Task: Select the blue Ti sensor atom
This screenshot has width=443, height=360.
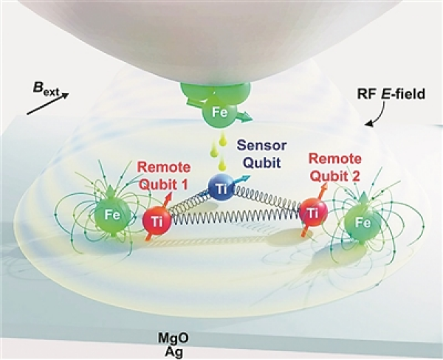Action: pyautogui.click(x=221, y=190)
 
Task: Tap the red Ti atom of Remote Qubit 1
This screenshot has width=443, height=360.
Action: pyautogui.click(x=156, y=219)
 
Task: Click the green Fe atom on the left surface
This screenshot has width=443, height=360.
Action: pyautogui.click(x=109, y=216)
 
